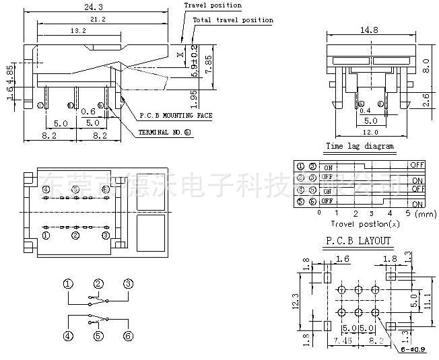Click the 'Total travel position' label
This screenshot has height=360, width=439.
point(233,20)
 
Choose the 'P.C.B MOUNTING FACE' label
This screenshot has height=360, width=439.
point(175,116)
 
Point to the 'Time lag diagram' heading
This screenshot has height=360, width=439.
point(360,146)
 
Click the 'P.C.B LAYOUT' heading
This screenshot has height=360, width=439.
point(359,240)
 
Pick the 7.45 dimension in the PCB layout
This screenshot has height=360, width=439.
point(344,341)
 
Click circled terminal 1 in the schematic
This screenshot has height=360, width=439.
point(69,284)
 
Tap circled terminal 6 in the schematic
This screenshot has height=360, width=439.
point(128,336)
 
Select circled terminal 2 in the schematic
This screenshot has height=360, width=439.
point(98,284)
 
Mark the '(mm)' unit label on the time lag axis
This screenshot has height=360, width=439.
point(426,213)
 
